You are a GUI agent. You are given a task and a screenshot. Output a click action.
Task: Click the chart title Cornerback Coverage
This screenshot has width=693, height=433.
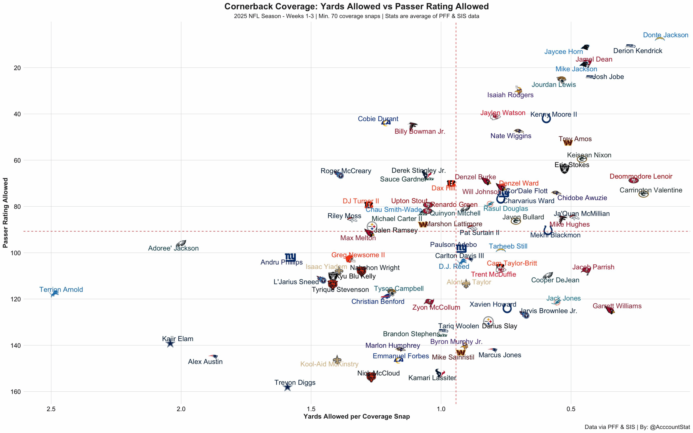(356, 6)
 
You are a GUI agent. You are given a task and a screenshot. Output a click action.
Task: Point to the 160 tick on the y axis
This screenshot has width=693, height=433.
(17, 392)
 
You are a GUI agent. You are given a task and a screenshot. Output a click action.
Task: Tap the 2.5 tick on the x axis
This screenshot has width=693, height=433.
(51, 409)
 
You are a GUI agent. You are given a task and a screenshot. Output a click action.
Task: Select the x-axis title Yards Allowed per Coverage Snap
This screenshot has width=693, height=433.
(356, 417)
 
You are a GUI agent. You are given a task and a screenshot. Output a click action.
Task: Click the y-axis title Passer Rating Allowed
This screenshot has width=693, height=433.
(5, 213)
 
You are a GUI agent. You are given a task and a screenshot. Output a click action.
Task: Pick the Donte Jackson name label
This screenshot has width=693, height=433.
(665, 35)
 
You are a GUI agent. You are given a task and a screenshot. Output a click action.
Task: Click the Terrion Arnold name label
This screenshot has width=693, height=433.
(61, 290)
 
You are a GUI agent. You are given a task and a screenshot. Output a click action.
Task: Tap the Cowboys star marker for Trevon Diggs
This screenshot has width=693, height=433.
(287, 388)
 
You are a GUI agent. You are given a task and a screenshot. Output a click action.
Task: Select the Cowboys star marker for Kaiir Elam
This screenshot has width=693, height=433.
(170, 343)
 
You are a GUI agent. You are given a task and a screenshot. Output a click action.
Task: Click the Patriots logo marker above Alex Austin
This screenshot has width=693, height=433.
(213, 356)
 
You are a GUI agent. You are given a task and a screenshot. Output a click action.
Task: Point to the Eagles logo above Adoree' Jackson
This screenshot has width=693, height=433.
(181, 243)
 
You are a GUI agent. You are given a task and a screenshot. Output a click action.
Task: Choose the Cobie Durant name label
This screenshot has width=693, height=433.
(378, 119)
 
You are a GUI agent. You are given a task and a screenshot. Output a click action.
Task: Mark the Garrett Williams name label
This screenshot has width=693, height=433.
(617, 306)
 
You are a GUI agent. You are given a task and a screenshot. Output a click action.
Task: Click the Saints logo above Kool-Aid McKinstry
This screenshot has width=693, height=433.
(337, 360)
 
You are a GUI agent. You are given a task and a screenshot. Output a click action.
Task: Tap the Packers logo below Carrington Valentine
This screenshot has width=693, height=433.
(643, 194)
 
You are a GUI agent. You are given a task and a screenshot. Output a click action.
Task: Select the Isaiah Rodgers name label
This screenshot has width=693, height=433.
(510, 95)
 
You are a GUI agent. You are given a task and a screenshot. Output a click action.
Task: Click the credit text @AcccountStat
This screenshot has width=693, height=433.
(670, 427)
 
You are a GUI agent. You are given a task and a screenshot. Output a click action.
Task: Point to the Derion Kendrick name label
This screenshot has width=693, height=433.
(638, 51)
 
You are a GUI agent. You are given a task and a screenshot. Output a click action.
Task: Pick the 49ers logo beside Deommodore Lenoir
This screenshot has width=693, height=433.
(633, 180)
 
